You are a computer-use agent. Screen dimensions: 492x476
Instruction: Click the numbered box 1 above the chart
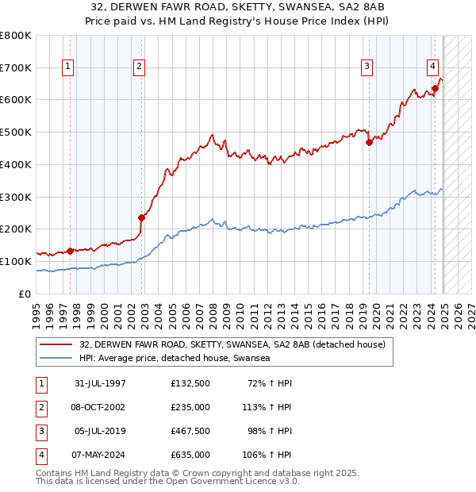click(69, 67)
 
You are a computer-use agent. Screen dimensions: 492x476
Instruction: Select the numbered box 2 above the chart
click(139, 67)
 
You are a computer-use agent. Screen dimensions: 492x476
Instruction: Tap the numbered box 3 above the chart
click(368, 67)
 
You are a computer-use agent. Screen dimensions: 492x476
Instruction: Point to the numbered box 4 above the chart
click(433, 67)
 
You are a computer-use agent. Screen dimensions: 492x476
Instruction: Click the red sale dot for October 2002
click(142, 217)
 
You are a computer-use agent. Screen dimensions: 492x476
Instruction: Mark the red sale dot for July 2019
click(369, 143)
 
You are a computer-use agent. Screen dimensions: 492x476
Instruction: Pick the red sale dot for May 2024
click(436, 88)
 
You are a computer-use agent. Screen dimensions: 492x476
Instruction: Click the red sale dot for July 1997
click(70, 251)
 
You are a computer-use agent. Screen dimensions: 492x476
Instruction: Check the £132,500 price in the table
click(190, 383)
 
